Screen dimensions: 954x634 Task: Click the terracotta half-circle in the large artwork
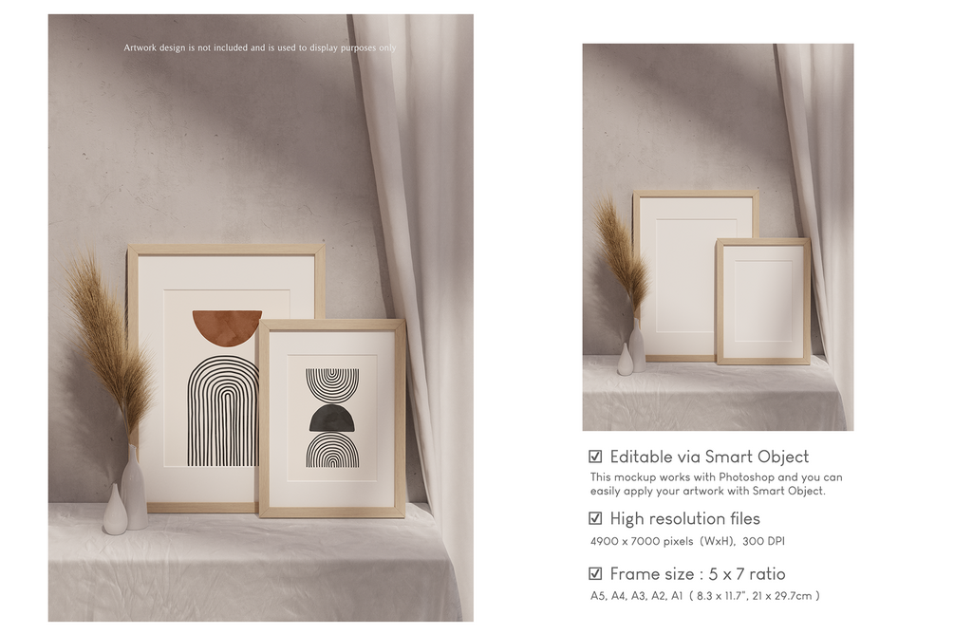click(227, 327)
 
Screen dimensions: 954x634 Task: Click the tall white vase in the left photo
click(135, 487)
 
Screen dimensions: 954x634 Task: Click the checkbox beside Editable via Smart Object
click(595, 457)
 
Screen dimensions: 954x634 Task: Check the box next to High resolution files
click(595, 518)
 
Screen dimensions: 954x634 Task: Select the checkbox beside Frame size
click(595, 574)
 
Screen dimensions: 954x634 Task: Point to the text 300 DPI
click(763, 541)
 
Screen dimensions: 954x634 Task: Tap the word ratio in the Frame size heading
click(767, 574)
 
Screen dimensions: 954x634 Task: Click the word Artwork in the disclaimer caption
click(140, 47)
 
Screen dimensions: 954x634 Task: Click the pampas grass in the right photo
click(618, 255)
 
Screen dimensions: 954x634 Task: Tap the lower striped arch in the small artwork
click(331, 451)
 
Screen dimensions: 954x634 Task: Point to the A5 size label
click(598, 596)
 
